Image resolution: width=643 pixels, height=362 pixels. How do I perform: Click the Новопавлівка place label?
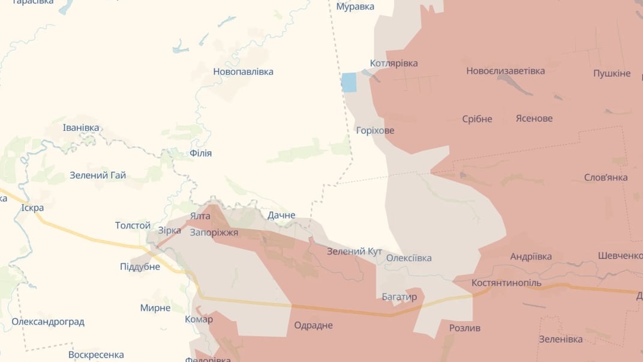(x=243, y=71)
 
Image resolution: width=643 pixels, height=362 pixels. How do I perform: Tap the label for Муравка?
(x=355, y=7)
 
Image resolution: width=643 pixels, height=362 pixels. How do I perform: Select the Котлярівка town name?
(x=393, y=63)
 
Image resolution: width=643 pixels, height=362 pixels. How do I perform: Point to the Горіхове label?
(x=375, y=130)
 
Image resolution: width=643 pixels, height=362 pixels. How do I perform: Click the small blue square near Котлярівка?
(x=348, y=82)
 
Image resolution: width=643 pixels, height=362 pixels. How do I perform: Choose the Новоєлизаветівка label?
(x=506, y=71)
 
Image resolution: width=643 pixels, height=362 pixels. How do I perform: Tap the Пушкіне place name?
(x=612, y=73)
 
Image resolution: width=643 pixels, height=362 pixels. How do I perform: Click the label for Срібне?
(x=477, y=119)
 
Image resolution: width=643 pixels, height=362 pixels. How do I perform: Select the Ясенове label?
(x=534, y=118)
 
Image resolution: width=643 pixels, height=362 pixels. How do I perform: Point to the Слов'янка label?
(x=606, y=177)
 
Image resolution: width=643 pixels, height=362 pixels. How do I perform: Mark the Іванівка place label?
(x=81, y=127)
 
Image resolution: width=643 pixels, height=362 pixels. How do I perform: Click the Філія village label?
(x=200, y=153)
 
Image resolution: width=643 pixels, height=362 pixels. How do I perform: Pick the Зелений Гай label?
(x=98, y=175)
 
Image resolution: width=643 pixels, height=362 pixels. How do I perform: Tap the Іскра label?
(x=32, y=208)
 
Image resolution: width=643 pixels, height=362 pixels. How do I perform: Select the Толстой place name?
(x=133, y=225)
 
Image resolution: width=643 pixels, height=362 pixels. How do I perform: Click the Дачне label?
(x=281, y=215)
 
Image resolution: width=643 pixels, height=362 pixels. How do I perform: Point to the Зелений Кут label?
(x=354, y=251)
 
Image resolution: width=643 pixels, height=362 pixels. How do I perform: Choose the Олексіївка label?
(x=408, y=258)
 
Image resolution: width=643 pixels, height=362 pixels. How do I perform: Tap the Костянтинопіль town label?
(x=506, y=283)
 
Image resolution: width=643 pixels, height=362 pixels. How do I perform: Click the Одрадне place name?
(x=313, y=325)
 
